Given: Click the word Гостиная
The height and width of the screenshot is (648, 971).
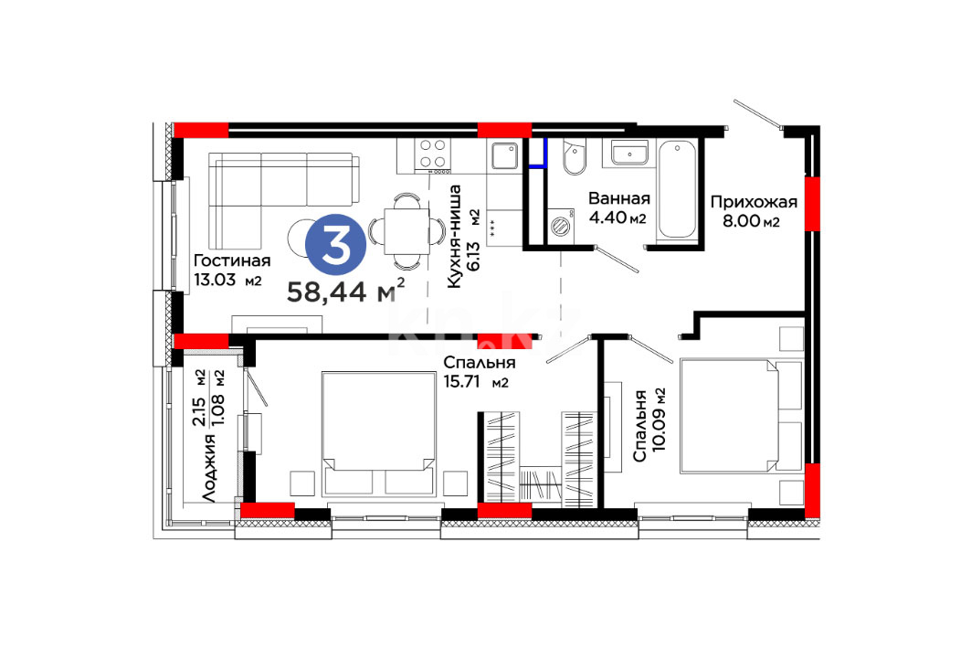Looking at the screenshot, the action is coord(232,260).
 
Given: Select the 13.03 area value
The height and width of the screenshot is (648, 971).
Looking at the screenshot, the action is coord(215,280).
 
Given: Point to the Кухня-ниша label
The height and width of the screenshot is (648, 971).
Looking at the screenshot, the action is coord(454,236).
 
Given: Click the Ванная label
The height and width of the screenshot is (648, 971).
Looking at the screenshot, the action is coord(619,199).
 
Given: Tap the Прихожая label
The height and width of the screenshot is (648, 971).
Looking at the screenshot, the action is coord(754,202).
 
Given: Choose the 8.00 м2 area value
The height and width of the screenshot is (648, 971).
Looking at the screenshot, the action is coord(751,220).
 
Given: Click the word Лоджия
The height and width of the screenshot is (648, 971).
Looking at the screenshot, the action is coord(209,468).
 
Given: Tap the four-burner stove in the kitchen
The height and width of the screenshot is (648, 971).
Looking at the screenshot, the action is coord(433,154).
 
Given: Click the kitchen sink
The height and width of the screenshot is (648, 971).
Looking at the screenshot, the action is coord(505,156).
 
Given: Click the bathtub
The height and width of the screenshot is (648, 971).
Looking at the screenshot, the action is coord(677,189).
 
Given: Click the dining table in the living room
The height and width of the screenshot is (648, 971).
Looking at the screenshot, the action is coord(406,232).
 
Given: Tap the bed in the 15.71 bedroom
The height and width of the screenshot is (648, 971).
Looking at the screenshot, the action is coord(378,433).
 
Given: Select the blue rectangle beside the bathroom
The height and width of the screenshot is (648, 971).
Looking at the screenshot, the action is coord(537,153).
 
